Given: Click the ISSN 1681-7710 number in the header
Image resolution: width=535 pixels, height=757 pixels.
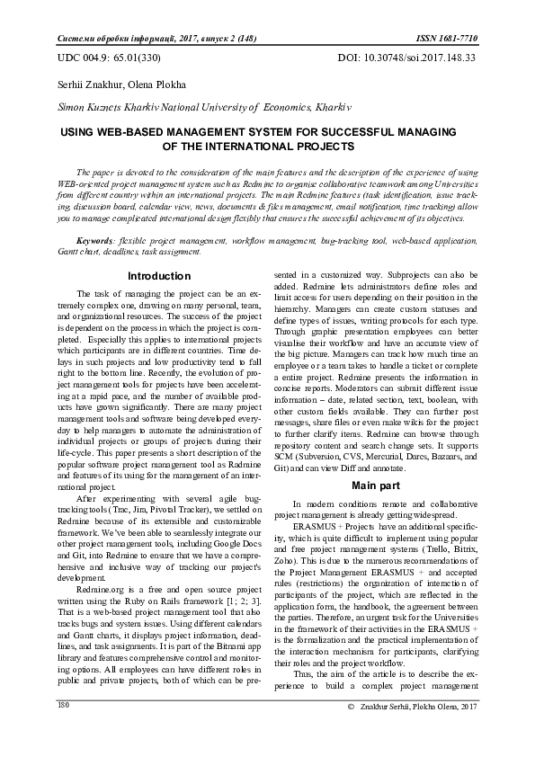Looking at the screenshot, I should [450, 40].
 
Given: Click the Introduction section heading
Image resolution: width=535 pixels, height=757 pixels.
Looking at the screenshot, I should [158, 276].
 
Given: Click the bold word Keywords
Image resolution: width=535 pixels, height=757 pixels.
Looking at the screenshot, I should [96, 242].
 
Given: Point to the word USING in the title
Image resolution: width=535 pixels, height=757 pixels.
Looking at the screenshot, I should [79, 131].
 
